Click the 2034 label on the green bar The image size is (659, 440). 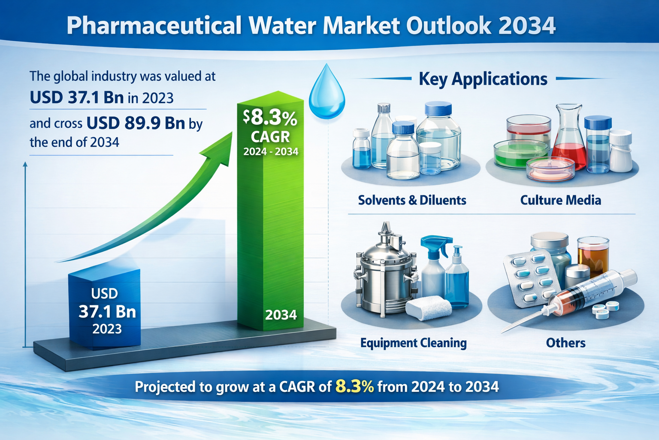(x=281, y=315)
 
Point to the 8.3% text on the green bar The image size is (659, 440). (x=270, y=118)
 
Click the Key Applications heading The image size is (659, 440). (x=483, y=79)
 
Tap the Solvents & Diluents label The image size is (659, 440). (x=412, y=200)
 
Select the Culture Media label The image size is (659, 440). (x=560, y=200)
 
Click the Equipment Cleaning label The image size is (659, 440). (x=413, y=343)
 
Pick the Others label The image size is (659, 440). (x=565, y=343)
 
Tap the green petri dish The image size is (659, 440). (x=519, y=154)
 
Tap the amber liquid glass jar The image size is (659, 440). (x=593, y=254)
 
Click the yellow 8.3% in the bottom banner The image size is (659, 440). (x=354, y=387)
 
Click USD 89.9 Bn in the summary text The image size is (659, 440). (x=136, y=124)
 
